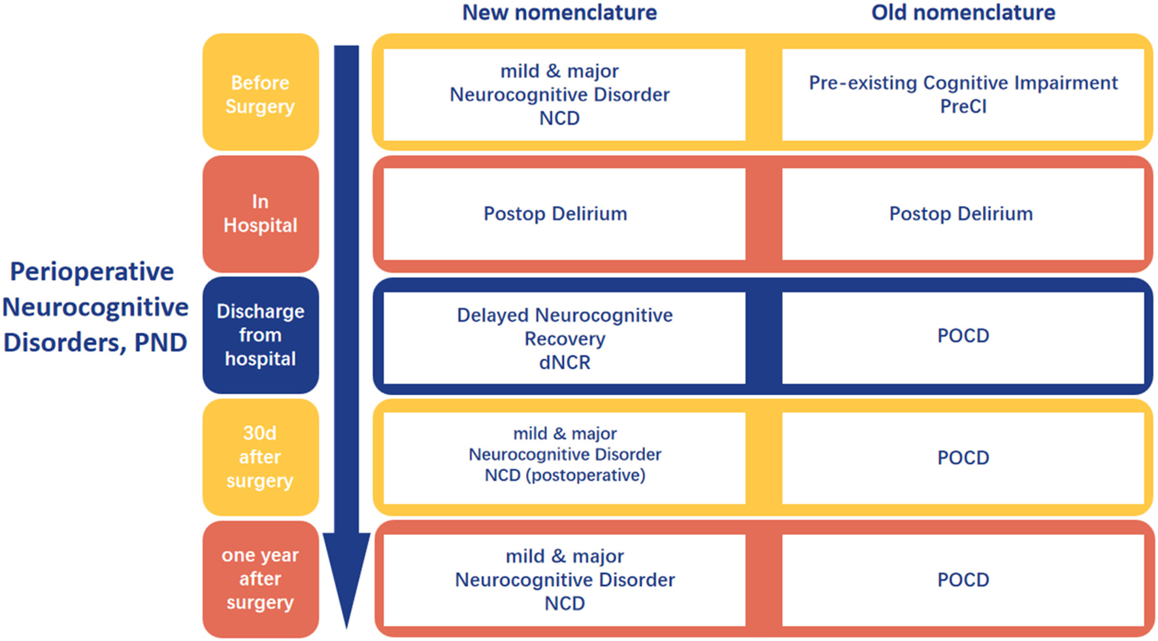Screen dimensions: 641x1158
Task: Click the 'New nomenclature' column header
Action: tap(559, 12)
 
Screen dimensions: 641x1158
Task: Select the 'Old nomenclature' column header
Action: tap(963, 12)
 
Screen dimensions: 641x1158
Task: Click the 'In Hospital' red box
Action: tap(260, 214)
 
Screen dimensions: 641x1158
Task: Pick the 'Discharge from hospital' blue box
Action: tap(260, 335)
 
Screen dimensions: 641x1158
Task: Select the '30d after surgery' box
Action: tap(260, 457)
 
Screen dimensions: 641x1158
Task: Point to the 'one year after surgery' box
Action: tap(260, 579)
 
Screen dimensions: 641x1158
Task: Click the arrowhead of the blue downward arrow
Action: tap(346, 576)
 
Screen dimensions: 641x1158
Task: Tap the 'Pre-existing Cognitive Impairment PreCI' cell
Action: tap(963, 94)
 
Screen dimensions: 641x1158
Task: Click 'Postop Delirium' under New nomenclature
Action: tap(555, 214)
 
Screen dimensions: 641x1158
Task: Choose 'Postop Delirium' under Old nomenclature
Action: tap(961, 214)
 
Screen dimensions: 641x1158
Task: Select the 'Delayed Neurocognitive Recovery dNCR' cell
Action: tap(565, 338)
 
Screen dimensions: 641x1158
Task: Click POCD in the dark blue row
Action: tap(963, 336)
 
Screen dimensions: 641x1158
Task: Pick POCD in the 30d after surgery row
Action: tap(963, 457)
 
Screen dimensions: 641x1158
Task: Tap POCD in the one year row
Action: tap(963, 580)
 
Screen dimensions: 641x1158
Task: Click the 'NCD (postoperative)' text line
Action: tap(565, 476)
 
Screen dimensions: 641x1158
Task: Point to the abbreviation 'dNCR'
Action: tap(565, 362)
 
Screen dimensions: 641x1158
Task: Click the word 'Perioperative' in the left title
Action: tap(92, 272)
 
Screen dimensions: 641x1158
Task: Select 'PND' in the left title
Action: tap(161, 343)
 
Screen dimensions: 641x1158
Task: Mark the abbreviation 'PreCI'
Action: tap(963, 107)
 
